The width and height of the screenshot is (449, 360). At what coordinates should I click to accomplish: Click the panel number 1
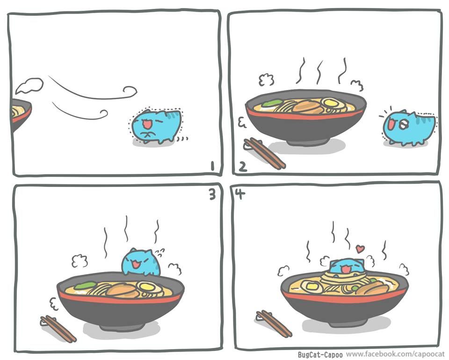pos(212,166)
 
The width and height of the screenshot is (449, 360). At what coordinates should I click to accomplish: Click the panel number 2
pos(243,167)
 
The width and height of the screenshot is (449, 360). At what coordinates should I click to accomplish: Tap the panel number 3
pos(212,194)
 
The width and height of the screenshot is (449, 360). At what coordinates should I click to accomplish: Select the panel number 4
pos(240,194)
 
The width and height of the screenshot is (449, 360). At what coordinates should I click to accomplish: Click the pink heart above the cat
pos(359,249)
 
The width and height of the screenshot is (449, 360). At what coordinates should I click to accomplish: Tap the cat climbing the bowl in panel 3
pos(141,262)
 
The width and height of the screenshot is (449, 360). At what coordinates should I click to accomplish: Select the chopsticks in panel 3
pos(58,329)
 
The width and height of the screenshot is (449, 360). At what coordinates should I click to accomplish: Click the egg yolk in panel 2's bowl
pos(330,102)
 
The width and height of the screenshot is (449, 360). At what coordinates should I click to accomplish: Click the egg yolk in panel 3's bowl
pos(146,286)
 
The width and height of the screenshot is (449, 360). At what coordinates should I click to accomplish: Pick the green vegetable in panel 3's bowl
pos(85,285)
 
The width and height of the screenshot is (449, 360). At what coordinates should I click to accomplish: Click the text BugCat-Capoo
pos(320,355)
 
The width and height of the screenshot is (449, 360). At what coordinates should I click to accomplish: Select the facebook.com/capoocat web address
pos(395,354)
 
